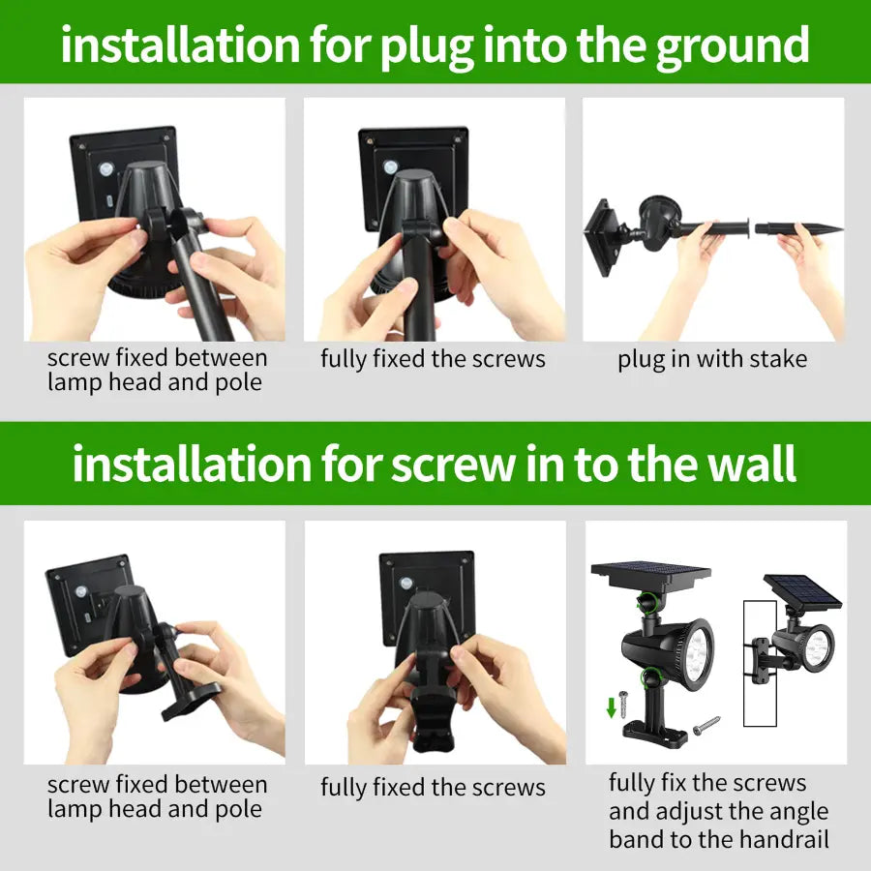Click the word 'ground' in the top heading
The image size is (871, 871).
tap(733, 45)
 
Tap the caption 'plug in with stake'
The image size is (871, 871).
tap(712, 359)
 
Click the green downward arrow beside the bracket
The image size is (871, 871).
tap(612, 708)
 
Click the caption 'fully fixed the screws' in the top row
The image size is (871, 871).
tap(433, 359)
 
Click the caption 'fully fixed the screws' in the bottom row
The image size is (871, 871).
tap(433, 787)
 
